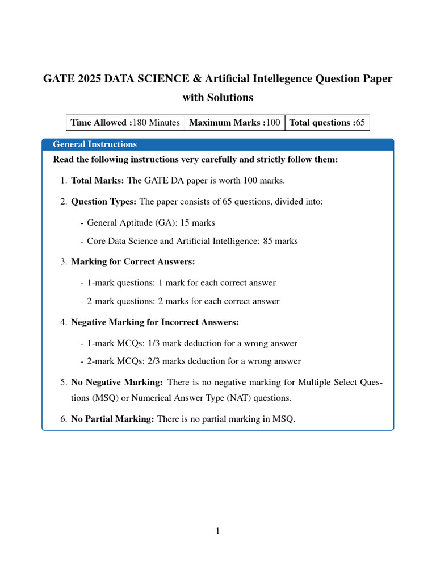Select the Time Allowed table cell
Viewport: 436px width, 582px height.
[x=125, y=122]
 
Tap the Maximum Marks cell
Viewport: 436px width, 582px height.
[x=234, y=122]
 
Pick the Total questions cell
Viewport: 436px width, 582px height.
[x=327, y=122]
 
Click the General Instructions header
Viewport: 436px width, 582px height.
[x=95, y=144]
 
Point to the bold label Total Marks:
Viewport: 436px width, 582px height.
[x=98, y=181]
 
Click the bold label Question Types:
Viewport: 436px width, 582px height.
[x=104, y=201]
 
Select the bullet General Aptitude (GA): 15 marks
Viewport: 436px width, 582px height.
[x=151, y=222]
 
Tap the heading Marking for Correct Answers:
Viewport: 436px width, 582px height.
[x=132, y=261]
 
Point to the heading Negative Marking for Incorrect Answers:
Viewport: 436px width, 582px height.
[x=155, y=322]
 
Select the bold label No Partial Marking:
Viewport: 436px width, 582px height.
[x=112, y=419]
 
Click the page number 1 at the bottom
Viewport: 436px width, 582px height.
[x=217, y=531]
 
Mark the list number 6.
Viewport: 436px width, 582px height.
[x=63, y=419]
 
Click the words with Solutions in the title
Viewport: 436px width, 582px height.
[x=217, y=97]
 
